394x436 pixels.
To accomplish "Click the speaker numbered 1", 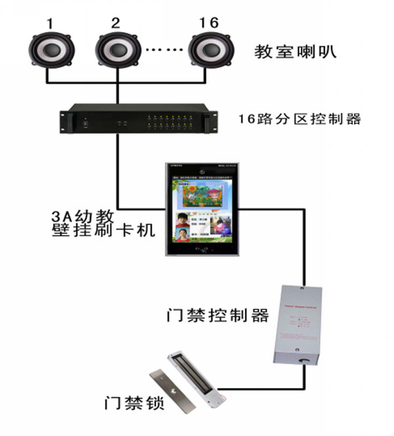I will coord(49,51).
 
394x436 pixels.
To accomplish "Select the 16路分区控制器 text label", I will coord(299,120).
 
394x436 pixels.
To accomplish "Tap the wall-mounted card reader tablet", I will coord(201,211).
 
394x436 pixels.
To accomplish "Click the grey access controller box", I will coord(299,324).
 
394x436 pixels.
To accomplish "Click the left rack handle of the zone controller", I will coord(63,121).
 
